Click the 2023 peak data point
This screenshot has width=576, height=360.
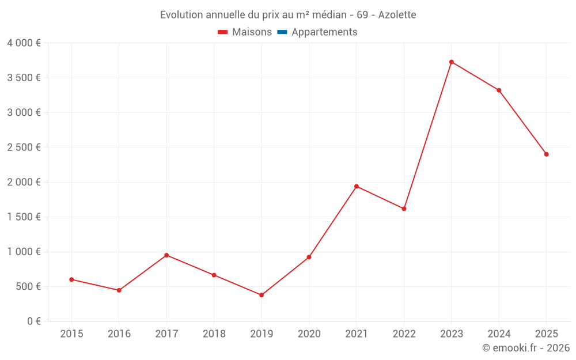point(452,62)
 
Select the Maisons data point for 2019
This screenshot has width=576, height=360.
point(262,295)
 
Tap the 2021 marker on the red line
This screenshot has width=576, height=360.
point(357,186)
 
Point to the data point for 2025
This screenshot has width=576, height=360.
point(547,154)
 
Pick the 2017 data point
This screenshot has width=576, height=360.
point(166,255)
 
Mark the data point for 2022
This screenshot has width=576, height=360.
point(404,209)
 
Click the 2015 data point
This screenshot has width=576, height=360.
point(71,279)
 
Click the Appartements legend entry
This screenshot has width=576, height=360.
point(324,32)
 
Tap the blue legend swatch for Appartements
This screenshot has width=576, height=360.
point(282,32)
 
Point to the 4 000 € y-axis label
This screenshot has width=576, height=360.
point(24,43)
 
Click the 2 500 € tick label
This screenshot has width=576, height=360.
point(24,147)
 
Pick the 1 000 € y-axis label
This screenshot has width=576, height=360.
point(24,252)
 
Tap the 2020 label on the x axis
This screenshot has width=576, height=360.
point(309,334)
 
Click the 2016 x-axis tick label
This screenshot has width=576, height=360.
point(119,334)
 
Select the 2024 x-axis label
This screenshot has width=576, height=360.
point(499,334)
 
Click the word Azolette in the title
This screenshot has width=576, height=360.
point(397,14)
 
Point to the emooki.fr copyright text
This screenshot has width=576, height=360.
point(526,348)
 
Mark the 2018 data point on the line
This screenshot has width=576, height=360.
point(214,275)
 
